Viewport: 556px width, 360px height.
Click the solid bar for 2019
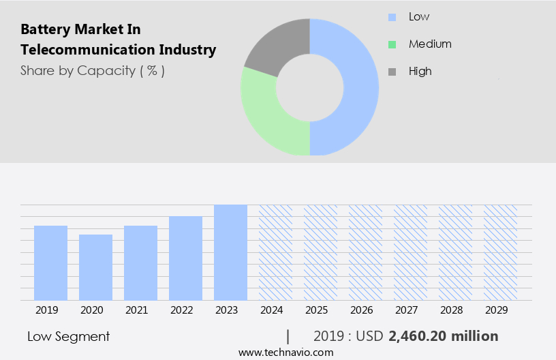coord(50,262)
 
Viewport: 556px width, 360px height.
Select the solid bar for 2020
coord(95,267)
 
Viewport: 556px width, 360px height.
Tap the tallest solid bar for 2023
coord(230,252)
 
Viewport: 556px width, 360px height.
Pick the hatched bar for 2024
coord(275,252)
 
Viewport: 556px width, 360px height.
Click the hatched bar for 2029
coord(500,252)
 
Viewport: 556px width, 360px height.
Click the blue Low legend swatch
coord(392,17)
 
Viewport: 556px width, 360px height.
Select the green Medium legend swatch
coord(392,44)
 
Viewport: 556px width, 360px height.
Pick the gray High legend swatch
coord(392,72)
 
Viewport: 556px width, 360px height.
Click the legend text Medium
coord(430,44)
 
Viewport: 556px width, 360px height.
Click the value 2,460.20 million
coord(443,336)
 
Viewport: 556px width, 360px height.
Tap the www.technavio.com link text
coord(286,352)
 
